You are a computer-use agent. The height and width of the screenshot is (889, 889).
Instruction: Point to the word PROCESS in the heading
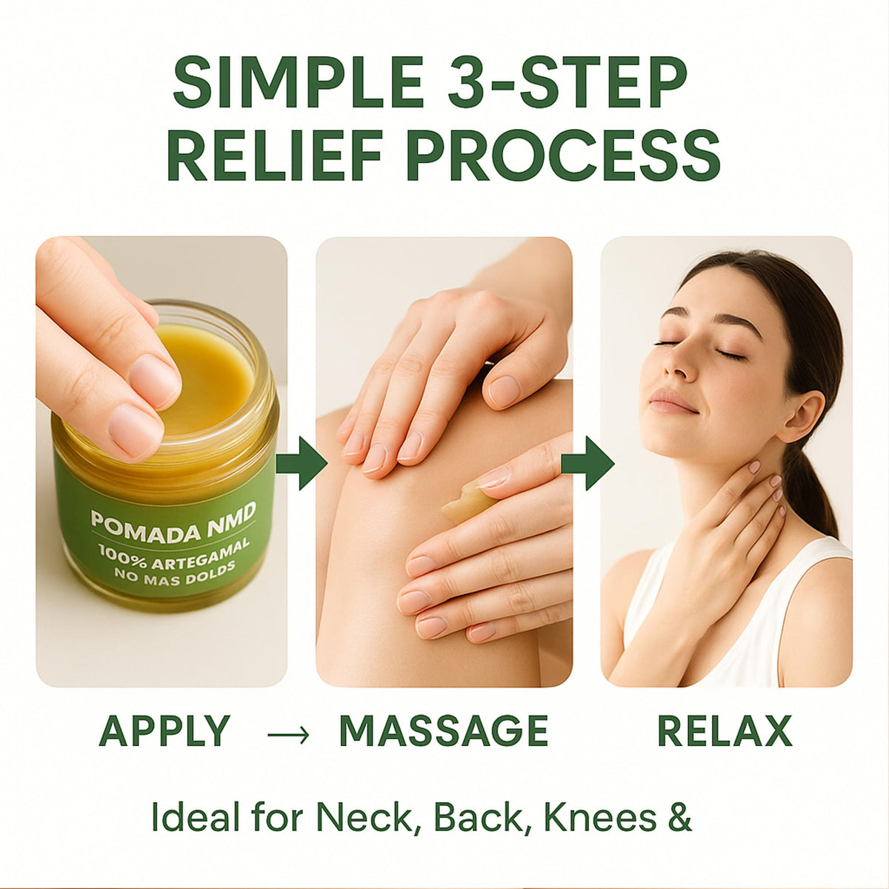(564, 155)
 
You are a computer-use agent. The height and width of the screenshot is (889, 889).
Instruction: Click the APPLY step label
(164, 730)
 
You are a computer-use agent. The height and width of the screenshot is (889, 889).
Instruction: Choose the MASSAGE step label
(443, 730)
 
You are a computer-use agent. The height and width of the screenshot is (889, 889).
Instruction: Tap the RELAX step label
(725, 730)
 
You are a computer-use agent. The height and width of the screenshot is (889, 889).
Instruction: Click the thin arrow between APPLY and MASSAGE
(288, 733)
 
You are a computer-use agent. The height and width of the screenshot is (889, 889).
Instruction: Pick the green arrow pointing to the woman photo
(587, 463)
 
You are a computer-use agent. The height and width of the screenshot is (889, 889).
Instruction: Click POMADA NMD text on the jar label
(173, 520)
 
